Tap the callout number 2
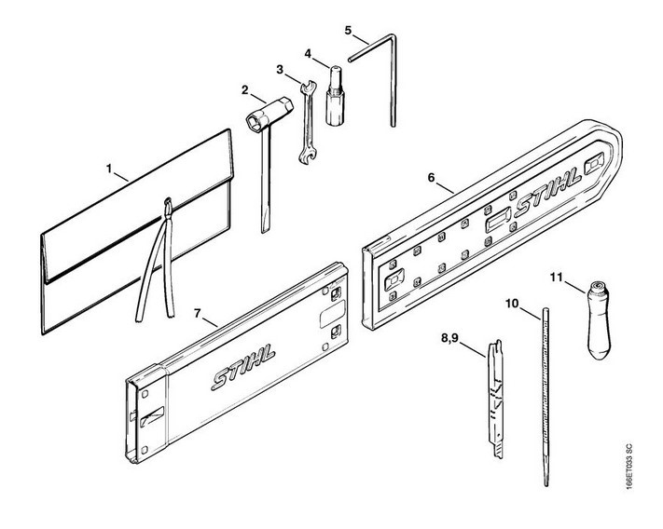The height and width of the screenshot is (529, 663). [245, 90]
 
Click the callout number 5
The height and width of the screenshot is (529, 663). [348, 30]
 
